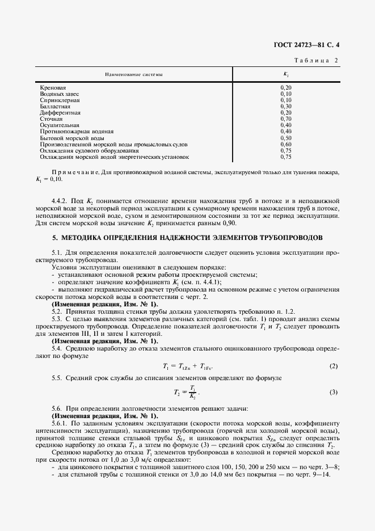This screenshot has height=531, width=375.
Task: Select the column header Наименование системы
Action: click(133, 74)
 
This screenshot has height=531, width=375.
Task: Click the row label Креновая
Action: click(53, 87)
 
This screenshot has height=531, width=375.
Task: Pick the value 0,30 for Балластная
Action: click(286, 106)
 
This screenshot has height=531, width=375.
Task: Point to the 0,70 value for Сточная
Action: click(286, 119)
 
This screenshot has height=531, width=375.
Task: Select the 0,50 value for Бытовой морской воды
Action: click(286, 138)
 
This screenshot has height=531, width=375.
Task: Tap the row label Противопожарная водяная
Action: click(73, 132)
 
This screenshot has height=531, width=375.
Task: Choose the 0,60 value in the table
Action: click(286, 144)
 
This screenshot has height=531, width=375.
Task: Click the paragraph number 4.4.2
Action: click(60, 201)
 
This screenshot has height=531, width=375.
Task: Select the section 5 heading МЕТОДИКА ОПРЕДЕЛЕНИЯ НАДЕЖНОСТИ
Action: click(188, 237)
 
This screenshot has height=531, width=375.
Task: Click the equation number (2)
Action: click(334, 366)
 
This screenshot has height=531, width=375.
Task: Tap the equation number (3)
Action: click(334, 393)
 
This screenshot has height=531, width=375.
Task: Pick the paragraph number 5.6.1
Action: click(60, 423)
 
